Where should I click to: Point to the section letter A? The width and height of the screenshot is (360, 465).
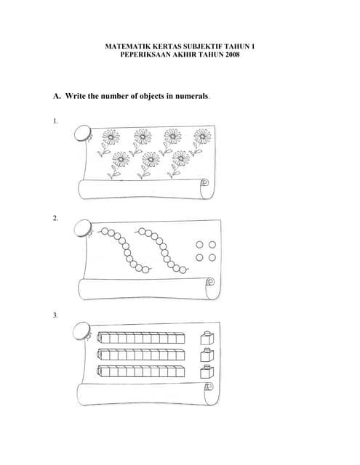tap(56, 96)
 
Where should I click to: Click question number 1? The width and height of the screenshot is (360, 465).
tap(55, 121)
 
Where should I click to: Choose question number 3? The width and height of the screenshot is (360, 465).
tap(55, 315)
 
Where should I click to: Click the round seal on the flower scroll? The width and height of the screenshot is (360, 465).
tap(81, 133)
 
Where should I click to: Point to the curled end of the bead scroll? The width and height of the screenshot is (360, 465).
tap(210, 283)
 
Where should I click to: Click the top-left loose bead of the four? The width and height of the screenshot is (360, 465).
tap(199, 246)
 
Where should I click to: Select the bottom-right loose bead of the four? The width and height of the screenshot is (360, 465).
tap(212, 258)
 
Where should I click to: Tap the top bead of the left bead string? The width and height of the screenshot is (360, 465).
tap(103, 232)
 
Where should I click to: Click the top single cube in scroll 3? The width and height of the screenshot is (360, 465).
tap(206, 338)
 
